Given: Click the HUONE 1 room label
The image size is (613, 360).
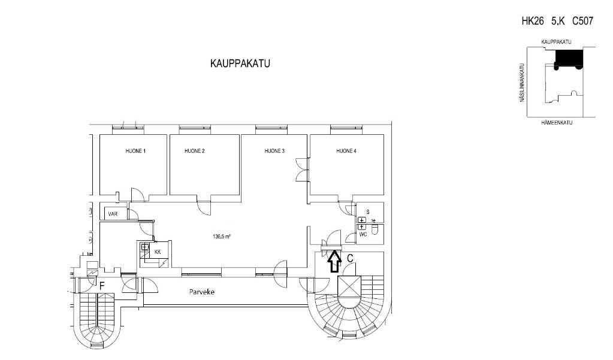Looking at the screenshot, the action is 135,151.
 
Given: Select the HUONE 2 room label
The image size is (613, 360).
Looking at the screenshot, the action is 195,151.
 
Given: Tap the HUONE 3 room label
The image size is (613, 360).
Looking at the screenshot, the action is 274,151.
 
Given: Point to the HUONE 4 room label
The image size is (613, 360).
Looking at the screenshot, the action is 346,151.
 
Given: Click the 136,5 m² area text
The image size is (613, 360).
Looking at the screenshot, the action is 221,237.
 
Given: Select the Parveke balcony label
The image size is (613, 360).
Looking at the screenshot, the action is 202,292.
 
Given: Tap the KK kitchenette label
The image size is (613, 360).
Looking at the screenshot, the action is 158,252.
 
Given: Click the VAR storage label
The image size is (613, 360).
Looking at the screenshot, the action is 113,214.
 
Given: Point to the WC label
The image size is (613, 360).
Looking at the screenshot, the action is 363,235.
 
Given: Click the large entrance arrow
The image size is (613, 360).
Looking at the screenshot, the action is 334,261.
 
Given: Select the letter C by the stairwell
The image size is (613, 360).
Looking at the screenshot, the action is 351,258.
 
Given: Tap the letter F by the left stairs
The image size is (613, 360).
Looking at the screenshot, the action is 102,286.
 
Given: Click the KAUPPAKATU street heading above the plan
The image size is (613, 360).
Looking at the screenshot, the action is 240,63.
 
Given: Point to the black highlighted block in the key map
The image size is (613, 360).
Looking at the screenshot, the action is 569,59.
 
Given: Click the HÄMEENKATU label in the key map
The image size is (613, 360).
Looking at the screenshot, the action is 557,123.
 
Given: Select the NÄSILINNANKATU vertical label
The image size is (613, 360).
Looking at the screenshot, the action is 521,83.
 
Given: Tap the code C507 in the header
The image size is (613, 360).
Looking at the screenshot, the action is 582,21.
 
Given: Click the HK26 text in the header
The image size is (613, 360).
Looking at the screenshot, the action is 533,21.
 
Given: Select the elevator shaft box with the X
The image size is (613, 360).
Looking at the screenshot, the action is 348,286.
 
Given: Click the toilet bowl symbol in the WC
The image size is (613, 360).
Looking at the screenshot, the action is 375,230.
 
